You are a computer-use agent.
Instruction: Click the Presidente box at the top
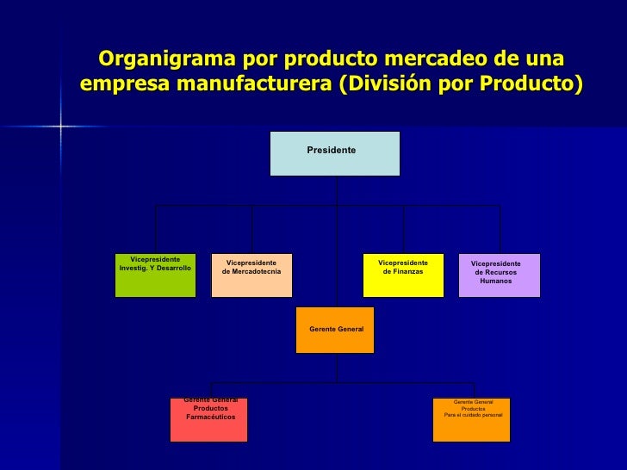coord(335,153)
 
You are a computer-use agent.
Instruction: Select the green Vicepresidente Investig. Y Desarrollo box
coord(155,275)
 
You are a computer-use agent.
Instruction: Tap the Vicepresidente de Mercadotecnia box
coord(251,275)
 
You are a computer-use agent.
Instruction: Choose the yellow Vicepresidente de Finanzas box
coord(403,275)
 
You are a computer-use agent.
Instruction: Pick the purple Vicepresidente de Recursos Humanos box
coord(499,275)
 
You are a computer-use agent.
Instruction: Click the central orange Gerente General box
coord(335,330)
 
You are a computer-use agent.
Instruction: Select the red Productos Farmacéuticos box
coord(208,419)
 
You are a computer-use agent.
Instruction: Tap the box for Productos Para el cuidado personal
coord(471,419)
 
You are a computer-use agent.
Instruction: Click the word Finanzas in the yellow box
coord(403,272)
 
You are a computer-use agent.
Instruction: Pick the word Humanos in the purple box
coord(495,281)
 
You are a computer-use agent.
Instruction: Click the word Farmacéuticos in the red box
coord(210,417)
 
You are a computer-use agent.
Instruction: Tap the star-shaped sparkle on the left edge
coord(60,127)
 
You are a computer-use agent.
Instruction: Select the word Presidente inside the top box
coord(332,150)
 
